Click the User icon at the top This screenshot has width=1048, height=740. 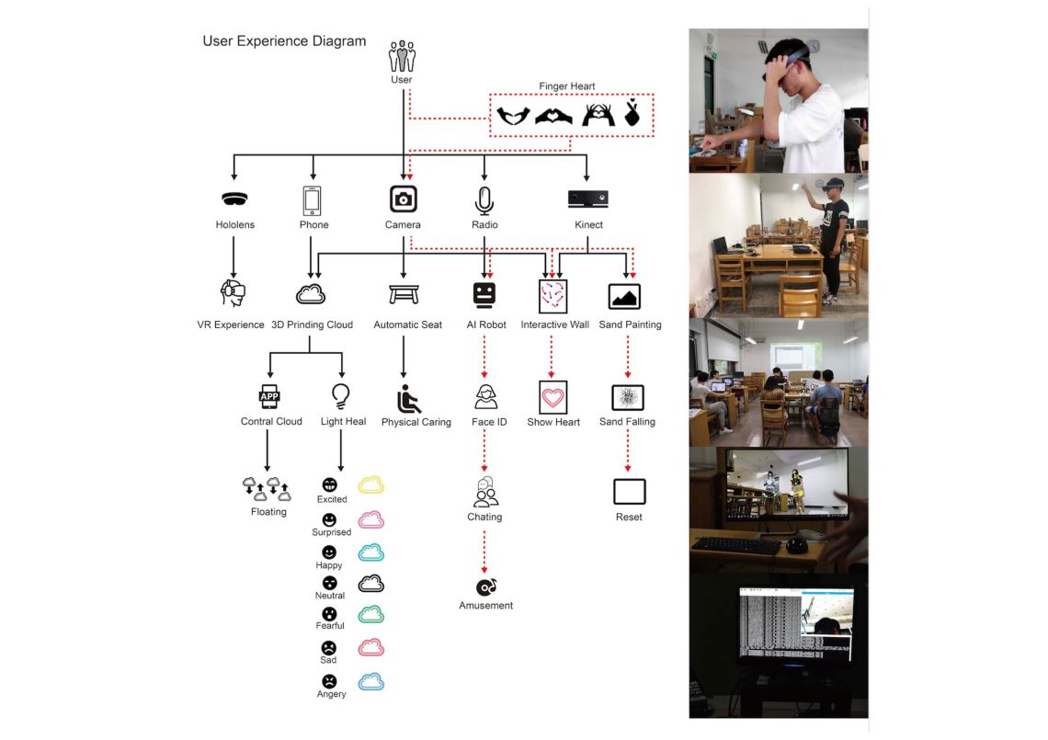click(x=402, y=56)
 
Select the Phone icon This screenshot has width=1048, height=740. click(x=313, y=199)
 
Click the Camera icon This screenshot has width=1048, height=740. click(x=403, y=199)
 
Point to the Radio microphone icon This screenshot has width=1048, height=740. click(x=484, y=199)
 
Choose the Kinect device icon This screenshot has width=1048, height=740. click(x=587, y=199)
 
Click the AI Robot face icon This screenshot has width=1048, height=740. click(x=484, y=295)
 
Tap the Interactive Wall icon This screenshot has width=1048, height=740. click(x=552, y=296)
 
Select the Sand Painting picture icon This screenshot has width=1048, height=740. click(x=625, y=296)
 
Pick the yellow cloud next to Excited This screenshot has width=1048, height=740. click(x=370, y=484)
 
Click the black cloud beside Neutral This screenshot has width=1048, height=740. click(x=370, y=583)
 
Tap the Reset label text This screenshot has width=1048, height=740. click(x=629, y=518)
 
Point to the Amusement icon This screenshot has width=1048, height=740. click(x=485, y=586)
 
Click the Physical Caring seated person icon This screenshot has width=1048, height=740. click(x=409, y=399)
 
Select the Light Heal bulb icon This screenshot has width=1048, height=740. click(x=341, y=396)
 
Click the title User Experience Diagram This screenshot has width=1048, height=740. click(x=284, y=41)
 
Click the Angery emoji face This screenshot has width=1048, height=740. click(x=329, y=681)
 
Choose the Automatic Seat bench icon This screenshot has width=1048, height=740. click(x=404, y=294)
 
